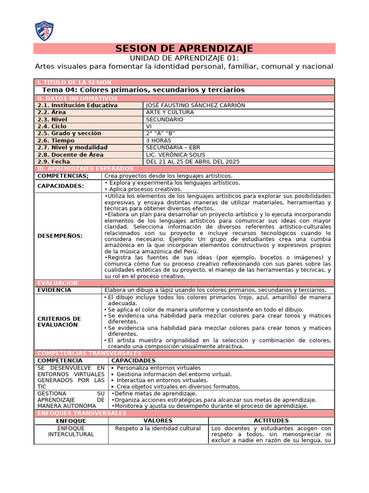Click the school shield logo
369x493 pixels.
45,30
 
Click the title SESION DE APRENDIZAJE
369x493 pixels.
184,49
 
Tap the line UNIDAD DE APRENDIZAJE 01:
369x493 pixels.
184,58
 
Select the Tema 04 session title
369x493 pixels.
143,90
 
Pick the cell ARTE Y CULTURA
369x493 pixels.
170,112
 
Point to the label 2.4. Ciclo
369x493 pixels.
53,126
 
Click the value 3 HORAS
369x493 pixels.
159,140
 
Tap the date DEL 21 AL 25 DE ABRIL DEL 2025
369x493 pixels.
193,162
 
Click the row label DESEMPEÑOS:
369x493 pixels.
60,236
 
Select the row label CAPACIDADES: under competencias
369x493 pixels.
61,186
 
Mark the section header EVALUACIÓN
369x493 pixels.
57,283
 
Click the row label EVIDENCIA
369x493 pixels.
54,290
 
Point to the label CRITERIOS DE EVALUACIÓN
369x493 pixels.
59,322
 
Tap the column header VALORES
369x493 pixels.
158,421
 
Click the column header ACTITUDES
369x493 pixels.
271,421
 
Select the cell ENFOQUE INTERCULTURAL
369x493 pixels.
71,431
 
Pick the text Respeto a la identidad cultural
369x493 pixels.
158,428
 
